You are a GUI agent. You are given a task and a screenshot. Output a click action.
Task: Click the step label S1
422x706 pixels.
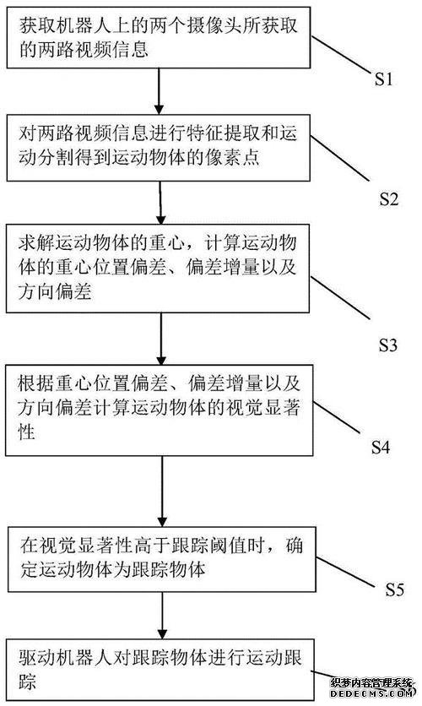click(x=383, y=79)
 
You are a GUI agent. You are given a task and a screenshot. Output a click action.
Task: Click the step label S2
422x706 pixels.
click(x=388, y=198)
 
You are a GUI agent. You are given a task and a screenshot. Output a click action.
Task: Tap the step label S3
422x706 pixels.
click(x=387, y=345)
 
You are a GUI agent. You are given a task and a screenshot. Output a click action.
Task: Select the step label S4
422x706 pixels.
click(x=380, y=447)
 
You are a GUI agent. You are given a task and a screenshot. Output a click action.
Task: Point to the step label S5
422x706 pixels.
click(x=394, y=589)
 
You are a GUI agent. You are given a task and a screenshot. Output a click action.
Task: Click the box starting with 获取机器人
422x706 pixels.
click(x=159, y=37)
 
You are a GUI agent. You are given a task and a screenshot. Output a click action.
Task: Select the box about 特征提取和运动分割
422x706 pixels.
click(x=159, y=147)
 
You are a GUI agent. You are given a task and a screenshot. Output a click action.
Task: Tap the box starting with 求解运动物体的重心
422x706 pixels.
click(x=158, y=268)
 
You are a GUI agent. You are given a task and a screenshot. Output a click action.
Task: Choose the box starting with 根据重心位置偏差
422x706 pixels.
click(x=160, y=410)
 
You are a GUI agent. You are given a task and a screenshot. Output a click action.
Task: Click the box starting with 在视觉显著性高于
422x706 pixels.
click(x=161, y=559)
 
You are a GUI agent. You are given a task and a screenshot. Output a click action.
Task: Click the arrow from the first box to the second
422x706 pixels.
click(x=159, y=91)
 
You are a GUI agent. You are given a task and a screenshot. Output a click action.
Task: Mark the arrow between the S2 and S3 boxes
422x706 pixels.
click(x=160, y=203)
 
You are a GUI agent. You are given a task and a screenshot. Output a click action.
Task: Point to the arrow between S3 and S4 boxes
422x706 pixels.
click(x=161, y=339)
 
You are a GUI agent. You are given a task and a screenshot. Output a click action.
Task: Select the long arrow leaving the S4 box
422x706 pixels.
click(x=162, y=491)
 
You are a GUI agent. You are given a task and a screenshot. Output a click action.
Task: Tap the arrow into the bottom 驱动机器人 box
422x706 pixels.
click(x=162, y=615)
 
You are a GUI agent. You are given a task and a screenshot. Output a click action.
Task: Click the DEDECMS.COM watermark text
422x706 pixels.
click(x=371, y=694)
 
